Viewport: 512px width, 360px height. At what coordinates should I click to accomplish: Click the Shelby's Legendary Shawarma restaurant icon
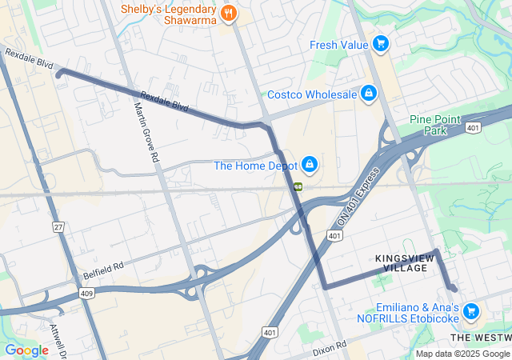[228, 12]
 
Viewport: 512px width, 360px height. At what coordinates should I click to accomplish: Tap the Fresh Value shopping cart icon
[381, 45]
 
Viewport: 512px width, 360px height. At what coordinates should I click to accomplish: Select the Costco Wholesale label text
[312, 94]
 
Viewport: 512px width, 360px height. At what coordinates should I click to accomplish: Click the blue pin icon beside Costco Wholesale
[368, 94]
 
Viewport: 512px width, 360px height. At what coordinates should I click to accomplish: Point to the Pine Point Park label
[435, 124]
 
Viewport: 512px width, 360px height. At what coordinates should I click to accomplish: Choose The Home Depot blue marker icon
[310, 166]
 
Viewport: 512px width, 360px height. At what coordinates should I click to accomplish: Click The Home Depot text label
[254, 166]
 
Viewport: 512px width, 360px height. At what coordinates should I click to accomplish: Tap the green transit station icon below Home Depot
[298, 186]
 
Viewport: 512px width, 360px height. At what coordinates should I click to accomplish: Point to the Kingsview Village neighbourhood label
[402, 263]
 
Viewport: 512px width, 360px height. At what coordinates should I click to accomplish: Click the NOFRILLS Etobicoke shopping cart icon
[471, 311]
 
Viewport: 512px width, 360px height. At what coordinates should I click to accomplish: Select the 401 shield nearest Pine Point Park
[474, 127]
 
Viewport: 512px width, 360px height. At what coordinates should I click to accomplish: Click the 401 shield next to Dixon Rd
[270, 332]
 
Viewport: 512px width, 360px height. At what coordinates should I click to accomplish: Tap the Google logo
[26, 350]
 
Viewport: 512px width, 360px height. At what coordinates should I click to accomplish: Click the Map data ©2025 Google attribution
[462, 354]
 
